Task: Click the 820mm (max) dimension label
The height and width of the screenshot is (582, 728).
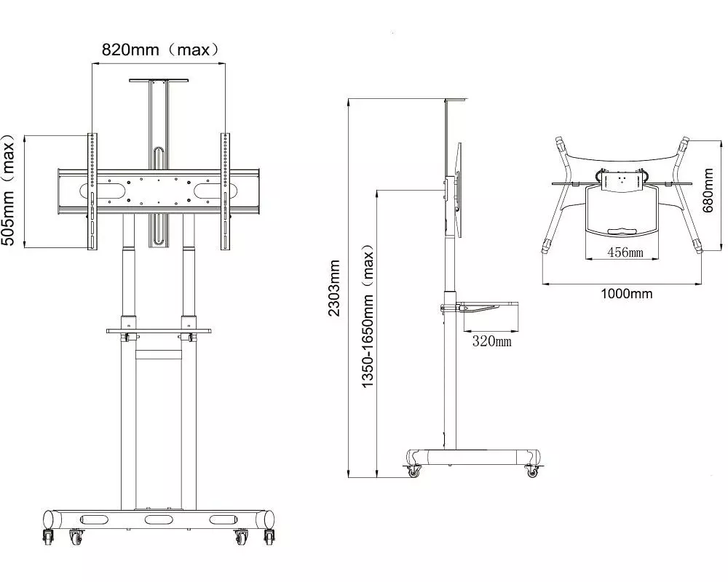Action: pyautogui.click(x=160, y=49)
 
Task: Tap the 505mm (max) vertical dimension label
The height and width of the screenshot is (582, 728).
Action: pyautogui.click(x=8, y=190)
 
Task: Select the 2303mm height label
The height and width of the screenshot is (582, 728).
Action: pyautogui.click(x=334, y=288)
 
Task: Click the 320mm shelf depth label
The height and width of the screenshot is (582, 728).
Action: pyautogui.click(x=491, y=341)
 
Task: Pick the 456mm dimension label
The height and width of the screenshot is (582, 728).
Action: pyautogui.click(x=625, y=252)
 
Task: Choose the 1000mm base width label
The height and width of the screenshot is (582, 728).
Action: pyautogui.click(x=626, y=293)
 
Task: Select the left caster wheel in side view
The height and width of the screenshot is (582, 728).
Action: pyautogui.click(x=413, y=471)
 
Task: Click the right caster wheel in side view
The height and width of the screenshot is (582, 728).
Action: pyautogui.click(x=532, y=471)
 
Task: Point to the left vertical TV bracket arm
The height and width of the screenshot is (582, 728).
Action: pyautogui.click(x=92, y=191)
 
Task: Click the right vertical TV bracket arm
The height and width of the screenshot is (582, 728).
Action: pyautogui.click(x=225, y=191)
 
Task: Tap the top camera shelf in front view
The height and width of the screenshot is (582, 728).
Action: pyautogui.click(x=159, y=81)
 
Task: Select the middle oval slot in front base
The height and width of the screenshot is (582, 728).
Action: pyautogui.click(x=159, y=520)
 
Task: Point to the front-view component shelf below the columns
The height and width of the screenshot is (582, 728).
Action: pyautogui.click(x=159, y=332)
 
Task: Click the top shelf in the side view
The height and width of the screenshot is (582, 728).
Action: pyautogui.click(x=456, y=99)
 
